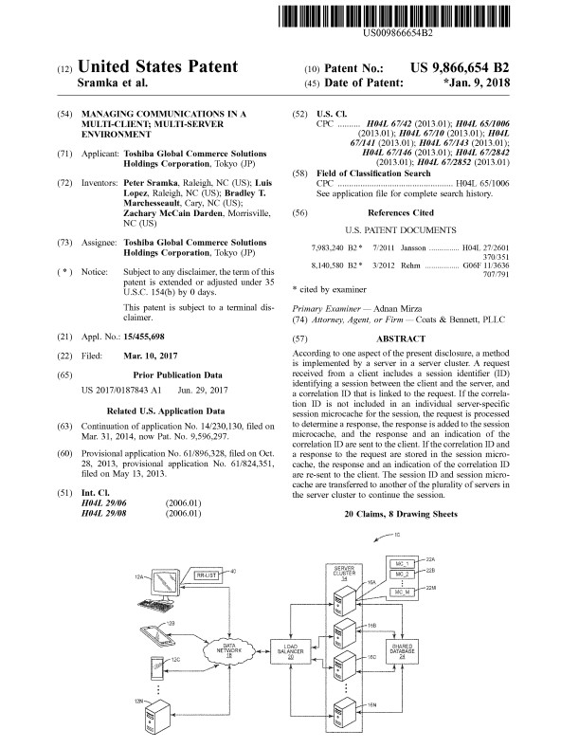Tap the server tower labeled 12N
pyautogui.click(x=155, y=717)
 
